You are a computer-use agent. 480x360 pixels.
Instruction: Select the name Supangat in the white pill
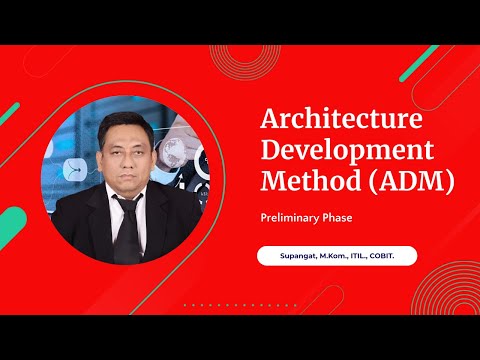(291, 256)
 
